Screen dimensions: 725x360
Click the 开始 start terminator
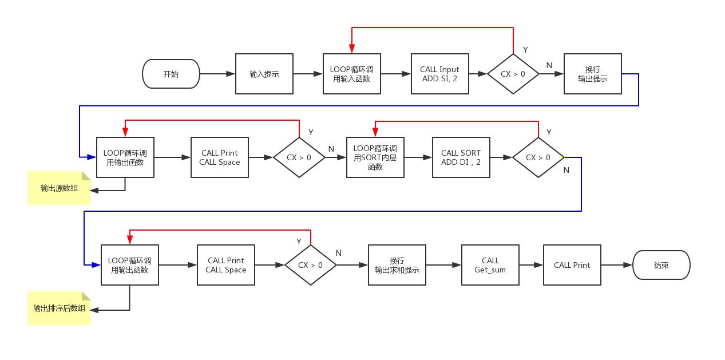point(171,74)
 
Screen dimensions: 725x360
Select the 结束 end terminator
point(661,265)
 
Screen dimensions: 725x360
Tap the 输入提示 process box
point(264,74)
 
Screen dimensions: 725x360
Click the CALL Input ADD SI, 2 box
point(440,74)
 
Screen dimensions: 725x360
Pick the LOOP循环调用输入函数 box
point(352,74)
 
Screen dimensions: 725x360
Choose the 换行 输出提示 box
point(593,74)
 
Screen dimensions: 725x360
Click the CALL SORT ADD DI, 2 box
point(461,157)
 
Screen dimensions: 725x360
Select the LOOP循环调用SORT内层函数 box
point(375,157)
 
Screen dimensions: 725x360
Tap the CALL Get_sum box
point(490,265)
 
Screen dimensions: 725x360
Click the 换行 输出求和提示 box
point(397,265)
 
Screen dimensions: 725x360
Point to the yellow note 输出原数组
point(60,188)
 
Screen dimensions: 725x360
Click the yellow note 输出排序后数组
point(60,308)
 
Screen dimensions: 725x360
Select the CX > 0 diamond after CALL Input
point(513,74)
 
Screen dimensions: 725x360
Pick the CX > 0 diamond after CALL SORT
point(538,157)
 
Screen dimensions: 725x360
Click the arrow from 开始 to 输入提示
point(217,74)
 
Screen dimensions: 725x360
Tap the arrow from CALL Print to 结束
point(617,265)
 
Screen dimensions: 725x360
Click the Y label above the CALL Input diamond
point(525,50)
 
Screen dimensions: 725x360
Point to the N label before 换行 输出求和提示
point(339,253)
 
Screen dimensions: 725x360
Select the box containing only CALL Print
point(572,265)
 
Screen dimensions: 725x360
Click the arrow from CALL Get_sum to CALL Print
point(531,265)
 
